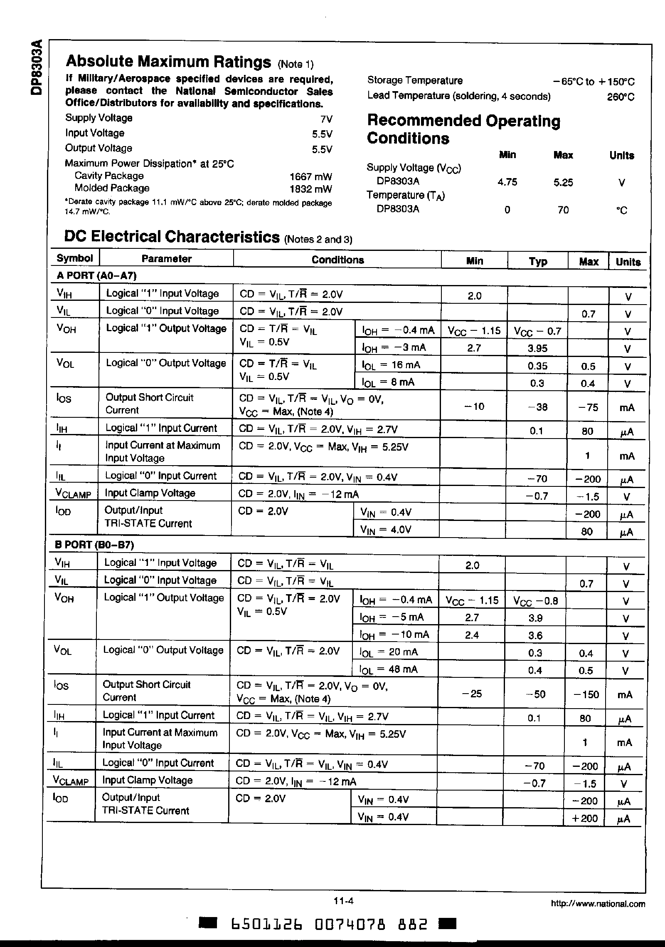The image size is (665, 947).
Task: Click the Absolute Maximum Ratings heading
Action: [x=168, y=62]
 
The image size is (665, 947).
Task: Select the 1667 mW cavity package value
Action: [x=310, y=176]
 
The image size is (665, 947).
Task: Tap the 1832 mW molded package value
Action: [x=310, y=189]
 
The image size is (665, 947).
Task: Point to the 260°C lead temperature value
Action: [x=620, y=97]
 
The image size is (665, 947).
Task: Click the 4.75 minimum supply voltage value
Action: [x=507, y=182]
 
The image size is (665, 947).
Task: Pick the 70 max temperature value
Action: [x=563, y=210]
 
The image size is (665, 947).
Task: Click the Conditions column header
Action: [x=337, y=260]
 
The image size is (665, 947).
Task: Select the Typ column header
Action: [x=538, y=262]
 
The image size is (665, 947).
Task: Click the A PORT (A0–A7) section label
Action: [x=96, y=275]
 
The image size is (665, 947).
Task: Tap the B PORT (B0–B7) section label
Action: [x=94, y=545]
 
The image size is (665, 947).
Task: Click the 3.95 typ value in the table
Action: [x=537, y=348]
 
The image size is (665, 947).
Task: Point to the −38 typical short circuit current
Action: [x=537, y=407]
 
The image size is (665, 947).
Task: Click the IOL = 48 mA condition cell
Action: [x=389, y=669]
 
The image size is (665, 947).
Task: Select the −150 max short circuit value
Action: [x=586, y=694]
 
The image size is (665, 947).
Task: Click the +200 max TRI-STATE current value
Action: [x=584, y=818]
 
